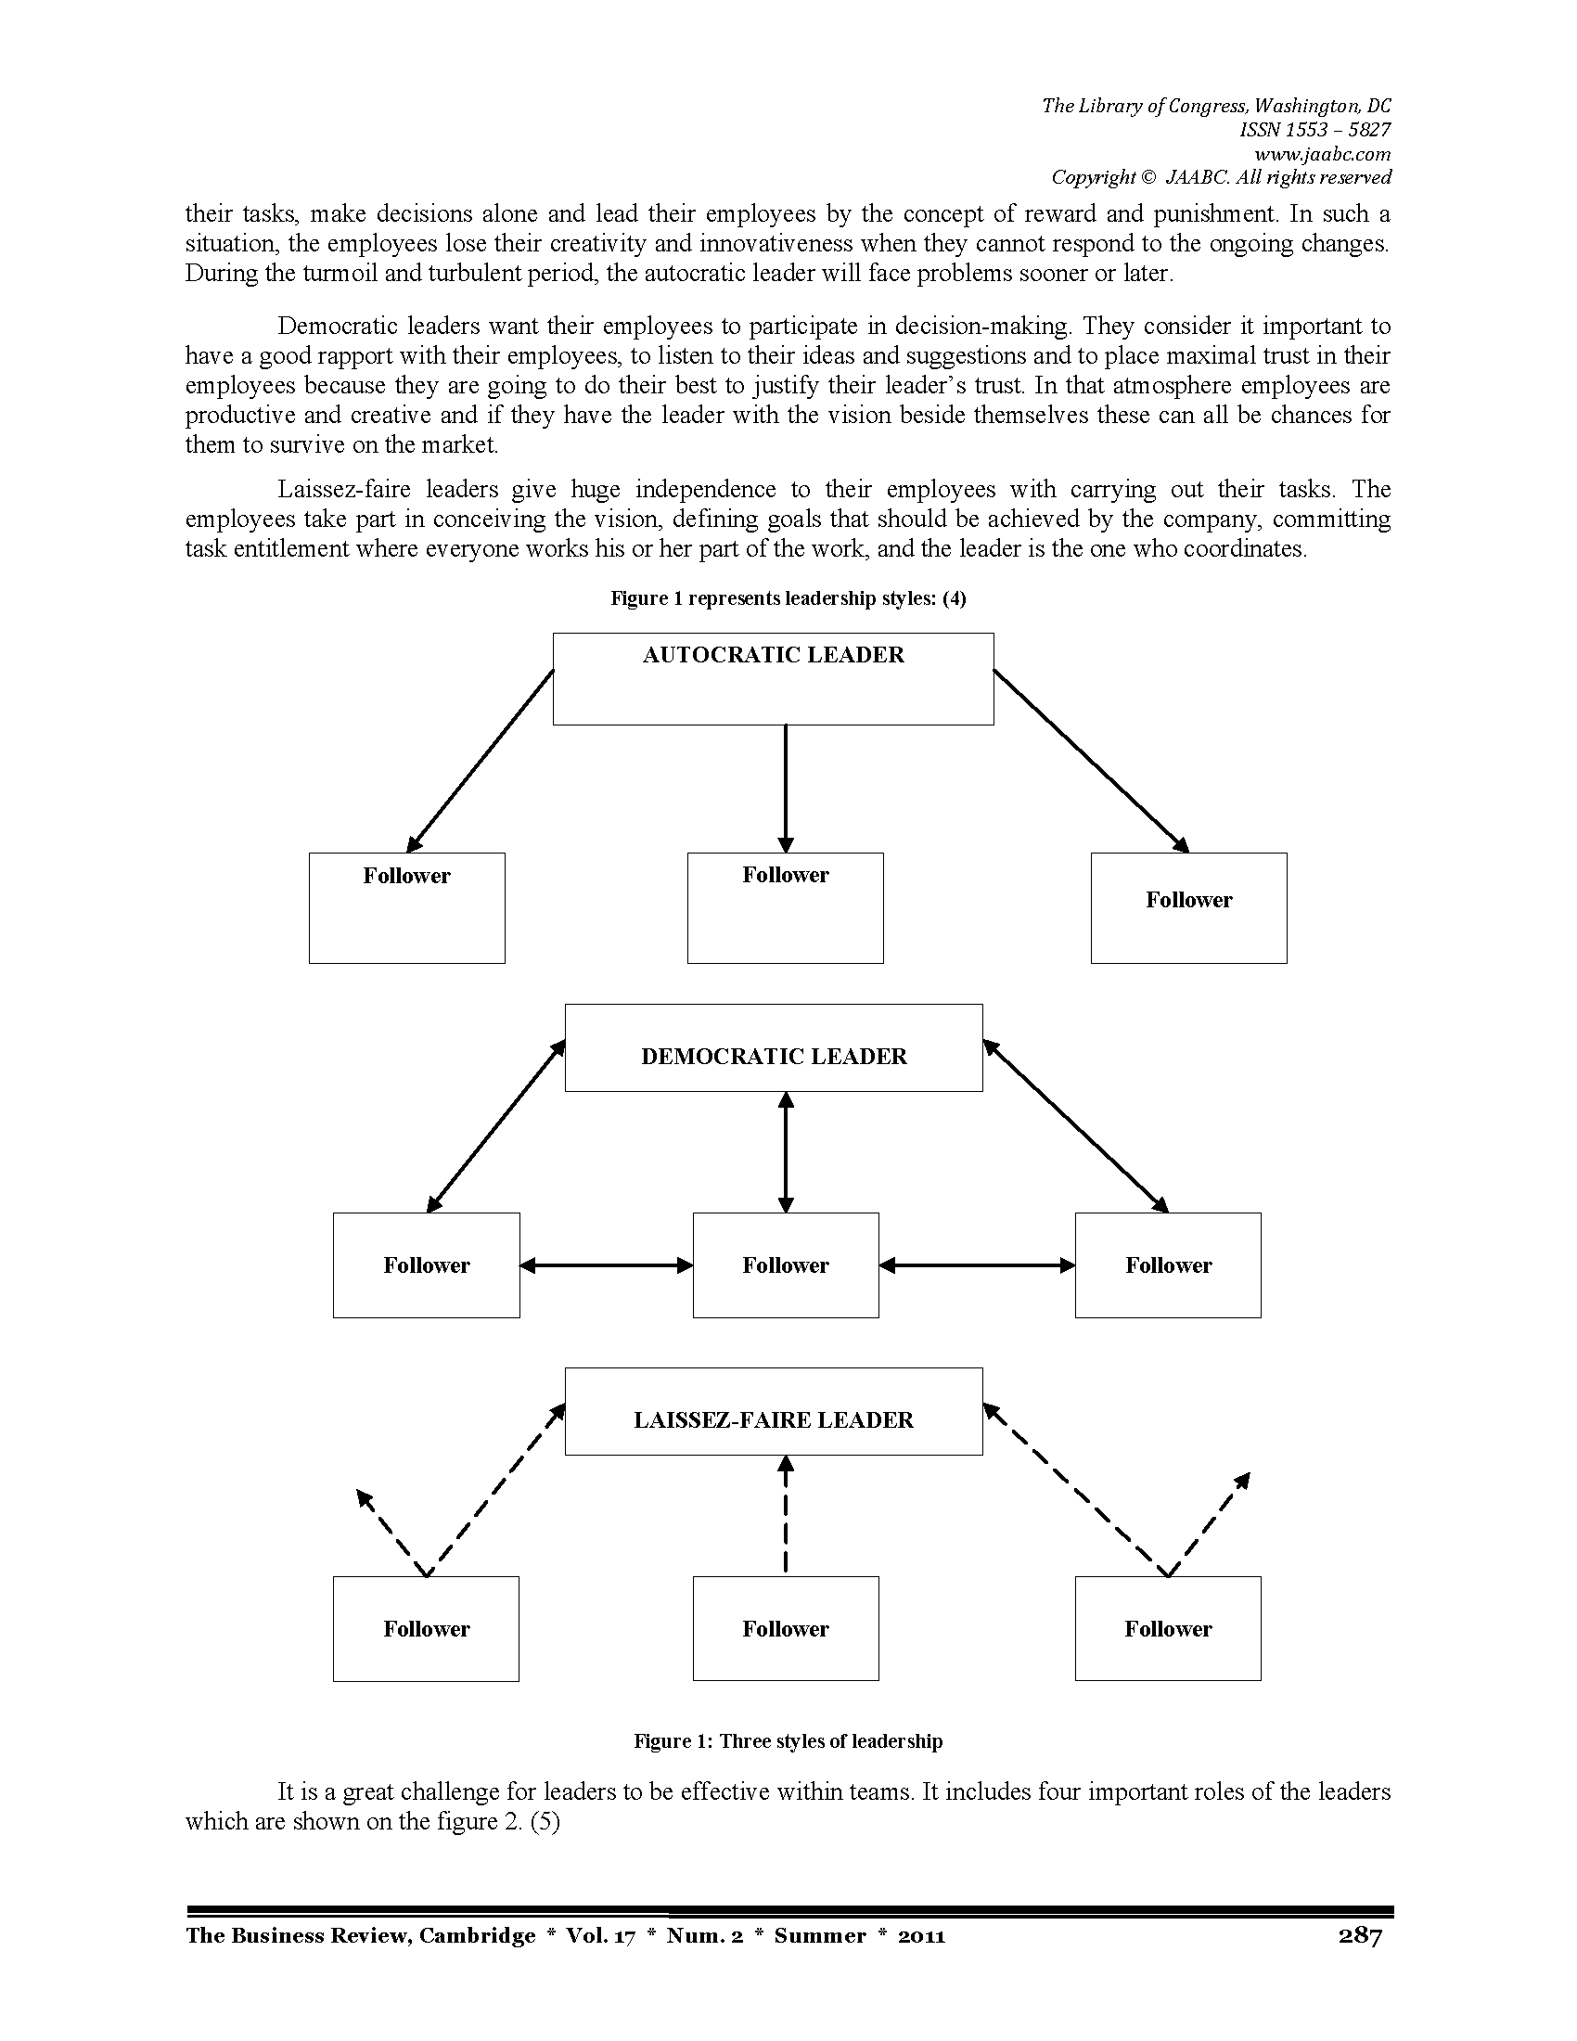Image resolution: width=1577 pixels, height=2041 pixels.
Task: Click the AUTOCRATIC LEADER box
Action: (x=773, y=678)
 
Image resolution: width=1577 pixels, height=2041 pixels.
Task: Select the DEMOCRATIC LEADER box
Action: (x=774, y=1047)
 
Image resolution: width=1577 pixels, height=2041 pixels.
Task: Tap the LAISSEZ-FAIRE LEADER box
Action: (x=774, y=1411)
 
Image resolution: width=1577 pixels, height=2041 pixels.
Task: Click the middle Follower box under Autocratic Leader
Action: (x=785, y=907)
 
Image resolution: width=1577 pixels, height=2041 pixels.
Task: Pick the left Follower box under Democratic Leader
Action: (x=426, y=1265)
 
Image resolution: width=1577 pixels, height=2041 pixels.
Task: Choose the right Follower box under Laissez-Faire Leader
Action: (x=1168, y=1629)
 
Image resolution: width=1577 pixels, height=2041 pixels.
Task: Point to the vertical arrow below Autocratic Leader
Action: (x=786, y=789)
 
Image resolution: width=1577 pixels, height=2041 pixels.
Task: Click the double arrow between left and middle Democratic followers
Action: (x=607, y=1265)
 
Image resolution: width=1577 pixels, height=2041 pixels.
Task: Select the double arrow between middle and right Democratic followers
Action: (x=977, y=1265)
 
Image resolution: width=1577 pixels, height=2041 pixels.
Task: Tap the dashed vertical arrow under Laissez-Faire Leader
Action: (x=786, y=1516)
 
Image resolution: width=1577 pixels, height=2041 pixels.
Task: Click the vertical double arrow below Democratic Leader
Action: (x=786, y=1152)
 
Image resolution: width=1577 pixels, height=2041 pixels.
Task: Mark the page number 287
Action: (x=1359, y=1935)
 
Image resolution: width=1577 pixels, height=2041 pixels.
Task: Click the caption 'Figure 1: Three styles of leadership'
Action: (x=788, y=1741)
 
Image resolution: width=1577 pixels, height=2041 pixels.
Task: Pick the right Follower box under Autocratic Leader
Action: (x=1188, y=907)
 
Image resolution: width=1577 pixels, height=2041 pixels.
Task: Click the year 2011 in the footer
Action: (x=921, y=1935)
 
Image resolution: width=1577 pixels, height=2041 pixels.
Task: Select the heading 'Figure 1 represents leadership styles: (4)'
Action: (x=788, y=598)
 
